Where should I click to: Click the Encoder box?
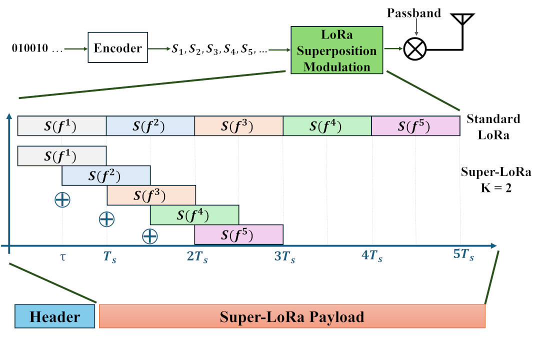pos(117,48)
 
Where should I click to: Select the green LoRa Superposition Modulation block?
pos(336,50)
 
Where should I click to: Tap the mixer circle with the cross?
pos(415,49)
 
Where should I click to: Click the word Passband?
pos(414,13)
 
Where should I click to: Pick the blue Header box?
pos(54,316)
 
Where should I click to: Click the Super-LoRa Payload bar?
pos(292,316)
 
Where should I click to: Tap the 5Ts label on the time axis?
pos(463,254)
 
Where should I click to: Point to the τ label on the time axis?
pos(62,258)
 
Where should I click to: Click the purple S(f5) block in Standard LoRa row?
pos(415,126)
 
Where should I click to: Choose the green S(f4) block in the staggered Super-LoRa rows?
pos(194,215)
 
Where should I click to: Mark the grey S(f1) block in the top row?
pos(62,126)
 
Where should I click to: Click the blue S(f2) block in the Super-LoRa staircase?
pos(106,175)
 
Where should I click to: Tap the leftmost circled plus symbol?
pos(62,199)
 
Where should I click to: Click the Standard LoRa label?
pos(493,126)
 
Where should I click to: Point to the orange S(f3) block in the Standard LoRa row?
pos(238,126)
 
